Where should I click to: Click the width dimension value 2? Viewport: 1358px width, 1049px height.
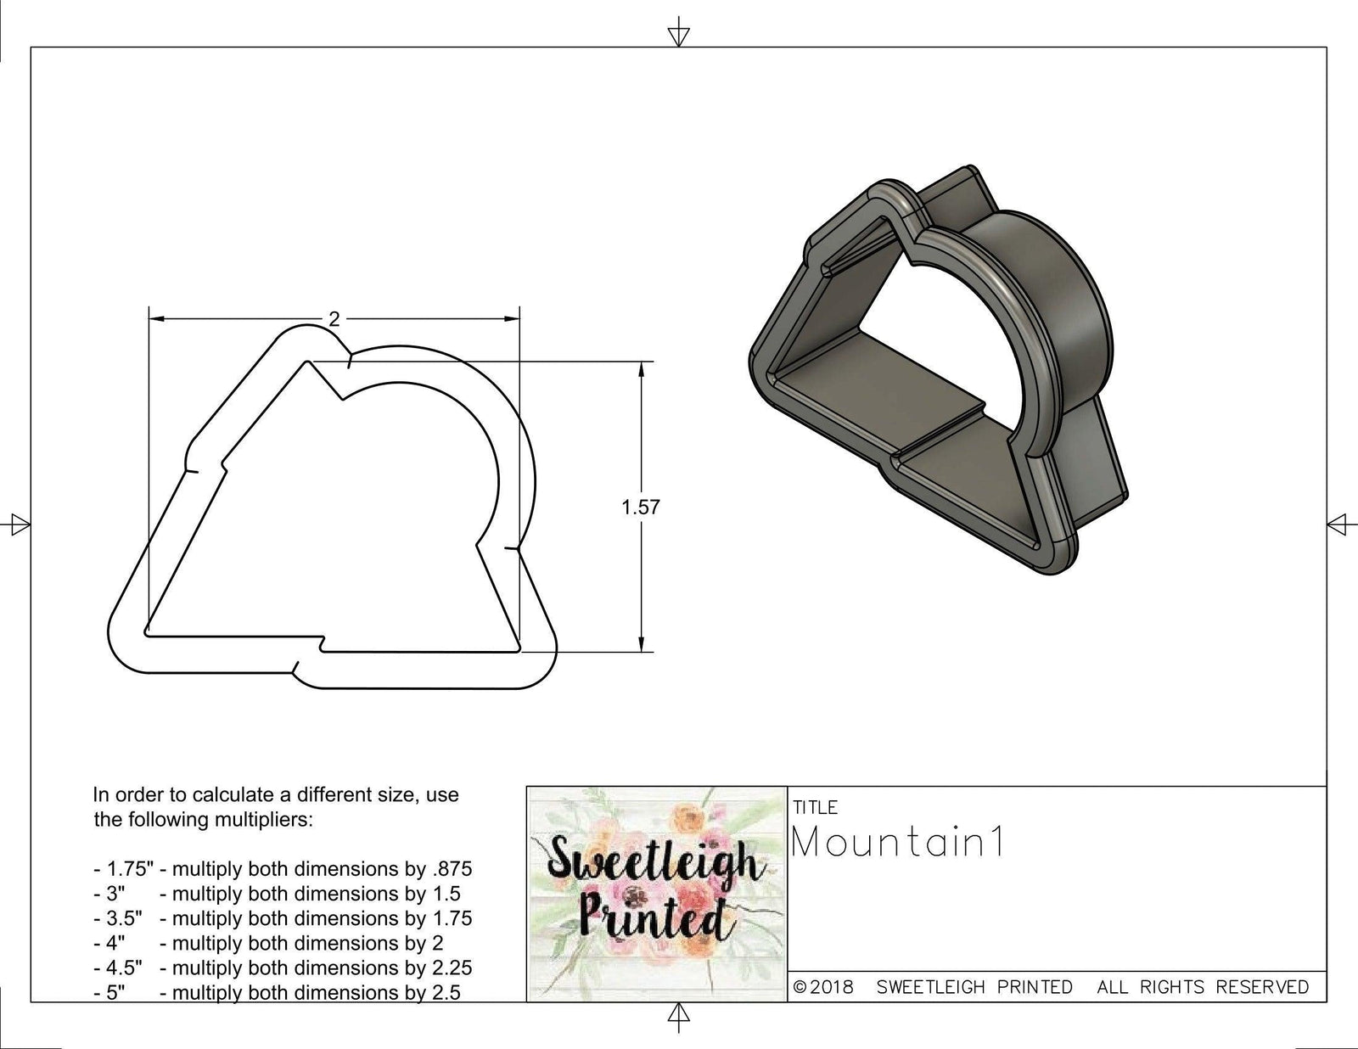pos(334,319)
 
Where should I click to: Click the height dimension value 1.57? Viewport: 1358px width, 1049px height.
pos(640,508)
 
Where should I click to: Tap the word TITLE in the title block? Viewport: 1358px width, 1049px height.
pos(815,807)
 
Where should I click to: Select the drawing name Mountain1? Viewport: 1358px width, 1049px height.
pos(898,843)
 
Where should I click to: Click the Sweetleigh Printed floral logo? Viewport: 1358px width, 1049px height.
pos(656,894)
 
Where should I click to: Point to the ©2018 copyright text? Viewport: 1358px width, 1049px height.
pos(823,987)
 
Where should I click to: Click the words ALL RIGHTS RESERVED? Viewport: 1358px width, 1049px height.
pos(1203,987)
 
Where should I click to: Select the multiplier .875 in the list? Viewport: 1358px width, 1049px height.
pos(453,869)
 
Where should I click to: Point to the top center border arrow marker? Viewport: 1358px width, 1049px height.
pos(678,35)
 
